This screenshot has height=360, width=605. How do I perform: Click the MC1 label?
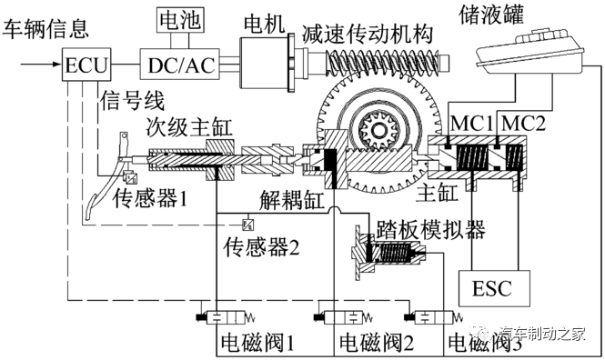(x=472, y=121)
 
